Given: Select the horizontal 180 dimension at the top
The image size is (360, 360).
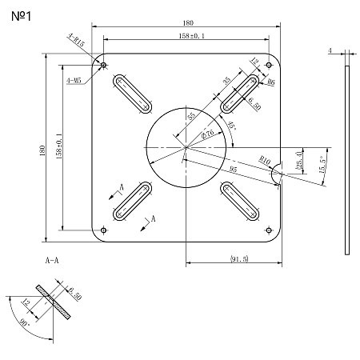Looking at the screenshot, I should coord(186,23).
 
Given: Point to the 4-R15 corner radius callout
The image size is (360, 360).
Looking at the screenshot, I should coord(77,38).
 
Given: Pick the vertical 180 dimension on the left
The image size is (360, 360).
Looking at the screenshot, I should coord(42,150).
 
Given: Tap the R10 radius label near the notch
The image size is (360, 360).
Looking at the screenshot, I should coord(265,161).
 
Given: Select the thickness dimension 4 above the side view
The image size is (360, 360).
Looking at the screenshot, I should coord(330,50).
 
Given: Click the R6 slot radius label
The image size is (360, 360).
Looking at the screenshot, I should coord(271,82).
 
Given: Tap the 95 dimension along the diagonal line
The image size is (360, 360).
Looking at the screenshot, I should coord(232,170).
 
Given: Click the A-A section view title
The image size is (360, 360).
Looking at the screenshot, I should coord(54,261).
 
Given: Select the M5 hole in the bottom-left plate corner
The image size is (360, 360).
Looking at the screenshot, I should coord(104,230).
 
